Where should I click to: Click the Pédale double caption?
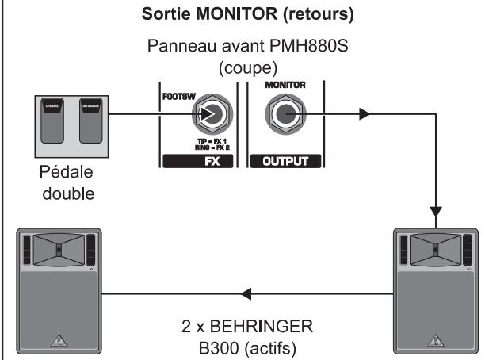coord(67,182)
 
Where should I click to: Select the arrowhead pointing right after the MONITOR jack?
coord(365,114)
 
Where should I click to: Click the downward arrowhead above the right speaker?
coord(435,213)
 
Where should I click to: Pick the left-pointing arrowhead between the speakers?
coord(246,295)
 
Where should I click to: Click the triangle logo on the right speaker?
coord(434,342)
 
